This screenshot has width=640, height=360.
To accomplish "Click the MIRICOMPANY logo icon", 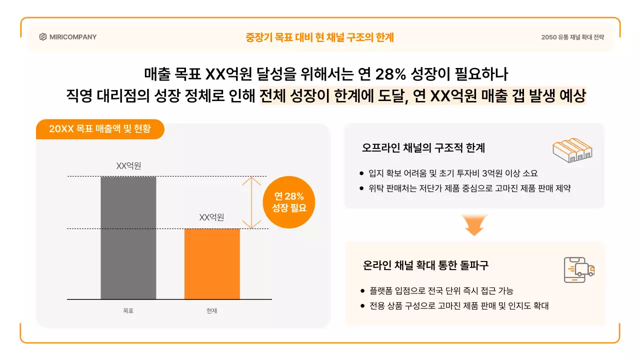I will (43, 37).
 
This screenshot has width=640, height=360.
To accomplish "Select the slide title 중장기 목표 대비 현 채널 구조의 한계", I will (320, 37).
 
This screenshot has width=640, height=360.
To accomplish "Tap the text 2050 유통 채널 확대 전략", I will (572, 37).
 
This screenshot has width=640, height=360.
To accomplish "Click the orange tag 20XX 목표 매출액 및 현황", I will (99, 129).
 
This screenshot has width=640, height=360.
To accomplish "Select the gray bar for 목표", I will (128, 238).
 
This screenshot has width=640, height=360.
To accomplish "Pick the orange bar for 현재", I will (212, 264).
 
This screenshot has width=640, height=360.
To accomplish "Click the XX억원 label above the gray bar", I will (128, 166).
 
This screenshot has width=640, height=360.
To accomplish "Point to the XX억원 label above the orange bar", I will (211, 217).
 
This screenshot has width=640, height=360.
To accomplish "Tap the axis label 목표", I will (128, 310).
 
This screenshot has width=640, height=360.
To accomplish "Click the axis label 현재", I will (212, 310).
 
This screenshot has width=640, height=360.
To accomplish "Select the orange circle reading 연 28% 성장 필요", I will (289, 202).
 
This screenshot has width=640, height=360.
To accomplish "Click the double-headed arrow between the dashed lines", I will (251, 202).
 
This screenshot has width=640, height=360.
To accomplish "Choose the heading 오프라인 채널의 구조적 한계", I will (423, 148).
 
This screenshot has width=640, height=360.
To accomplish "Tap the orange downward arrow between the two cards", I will (474, 225).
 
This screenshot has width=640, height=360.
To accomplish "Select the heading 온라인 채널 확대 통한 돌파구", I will (425, 265).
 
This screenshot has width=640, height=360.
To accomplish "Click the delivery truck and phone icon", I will (578, 270).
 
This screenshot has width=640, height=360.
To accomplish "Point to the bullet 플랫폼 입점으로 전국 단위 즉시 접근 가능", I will (441, 290).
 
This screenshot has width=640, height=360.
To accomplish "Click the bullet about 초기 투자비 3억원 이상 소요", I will (453, 173).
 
